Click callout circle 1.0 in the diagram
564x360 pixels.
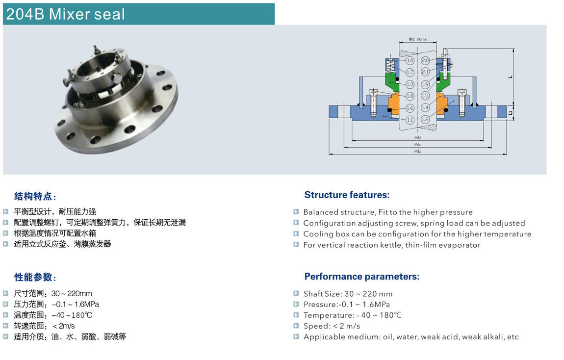pos(410,60)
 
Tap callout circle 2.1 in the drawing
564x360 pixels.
pos(425,72)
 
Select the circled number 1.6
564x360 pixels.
pos(410,108)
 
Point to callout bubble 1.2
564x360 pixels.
pos(425,119)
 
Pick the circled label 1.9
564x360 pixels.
pos(425,84)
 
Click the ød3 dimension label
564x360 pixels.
pos(417,138)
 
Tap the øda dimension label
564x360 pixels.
pos(417,152)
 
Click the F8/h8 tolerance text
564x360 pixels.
pos(422,40)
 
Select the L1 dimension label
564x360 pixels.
pos(511,113)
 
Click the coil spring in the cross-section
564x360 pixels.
pos(390,66)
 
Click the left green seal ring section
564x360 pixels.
pos(392,82)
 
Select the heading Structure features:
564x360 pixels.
pos(347,195)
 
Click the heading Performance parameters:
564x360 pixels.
pos(362,277)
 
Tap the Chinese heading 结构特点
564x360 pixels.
pos(33,196)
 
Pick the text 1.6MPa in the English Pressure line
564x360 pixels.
pos(376,305)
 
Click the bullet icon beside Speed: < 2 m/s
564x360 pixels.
pos(296,326)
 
